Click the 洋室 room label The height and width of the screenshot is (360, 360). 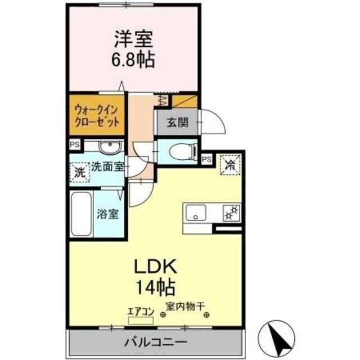click(x=134, y=40)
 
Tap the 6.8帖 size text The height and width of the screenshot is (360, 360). click(x=134, y=59)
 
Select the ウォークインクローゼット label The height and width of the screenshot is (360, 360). click(x=96, y=115)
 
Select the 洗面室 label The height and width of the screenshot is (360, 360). click(x=108, y=166)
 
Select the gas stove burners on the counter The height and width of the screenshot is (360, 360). click(x=230, y=213)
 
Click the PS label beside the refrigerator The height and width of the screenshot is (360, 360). click(x=206, y=159)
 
